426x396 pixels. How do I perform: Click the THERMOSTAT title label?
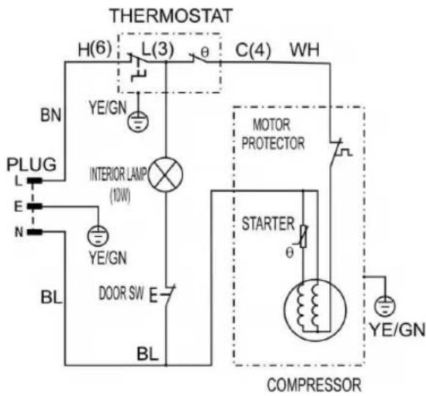pos(171,15)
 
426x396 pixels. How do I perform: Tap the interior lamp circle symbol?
pos(166,175)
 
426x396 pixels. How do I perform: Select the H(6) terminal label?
pos(95,49)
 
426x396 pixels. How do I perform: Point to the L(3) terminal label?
pos(158,49)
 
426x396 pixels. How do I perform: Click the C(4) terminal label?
pos(253,50)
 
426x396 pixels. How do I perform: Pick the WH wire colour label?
pos(305,50)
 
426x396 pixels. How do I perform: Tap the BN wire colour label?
pos(51,114)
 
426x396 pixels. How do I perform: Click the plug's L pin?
pos(34,180)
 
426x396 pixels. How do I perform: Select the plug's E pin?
pos(34,207)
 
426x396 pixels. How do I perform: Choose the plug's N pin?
pos(34,232)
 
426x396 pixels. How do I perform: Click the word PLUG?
pos(32,164)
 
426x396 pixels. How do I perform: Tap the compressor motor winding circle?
pos(315,310)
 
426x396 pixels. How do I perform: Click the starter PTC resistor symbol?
pos(303,236)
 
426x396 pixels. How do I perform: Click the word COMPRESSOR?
pos(315,385)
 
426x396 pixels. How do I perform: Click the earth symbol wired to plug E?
pos(98,235)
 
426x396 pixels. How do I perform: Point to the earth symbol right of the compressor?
pos(385,307)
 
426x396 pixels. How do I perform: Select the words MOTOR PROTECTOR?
pos(273,134)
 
